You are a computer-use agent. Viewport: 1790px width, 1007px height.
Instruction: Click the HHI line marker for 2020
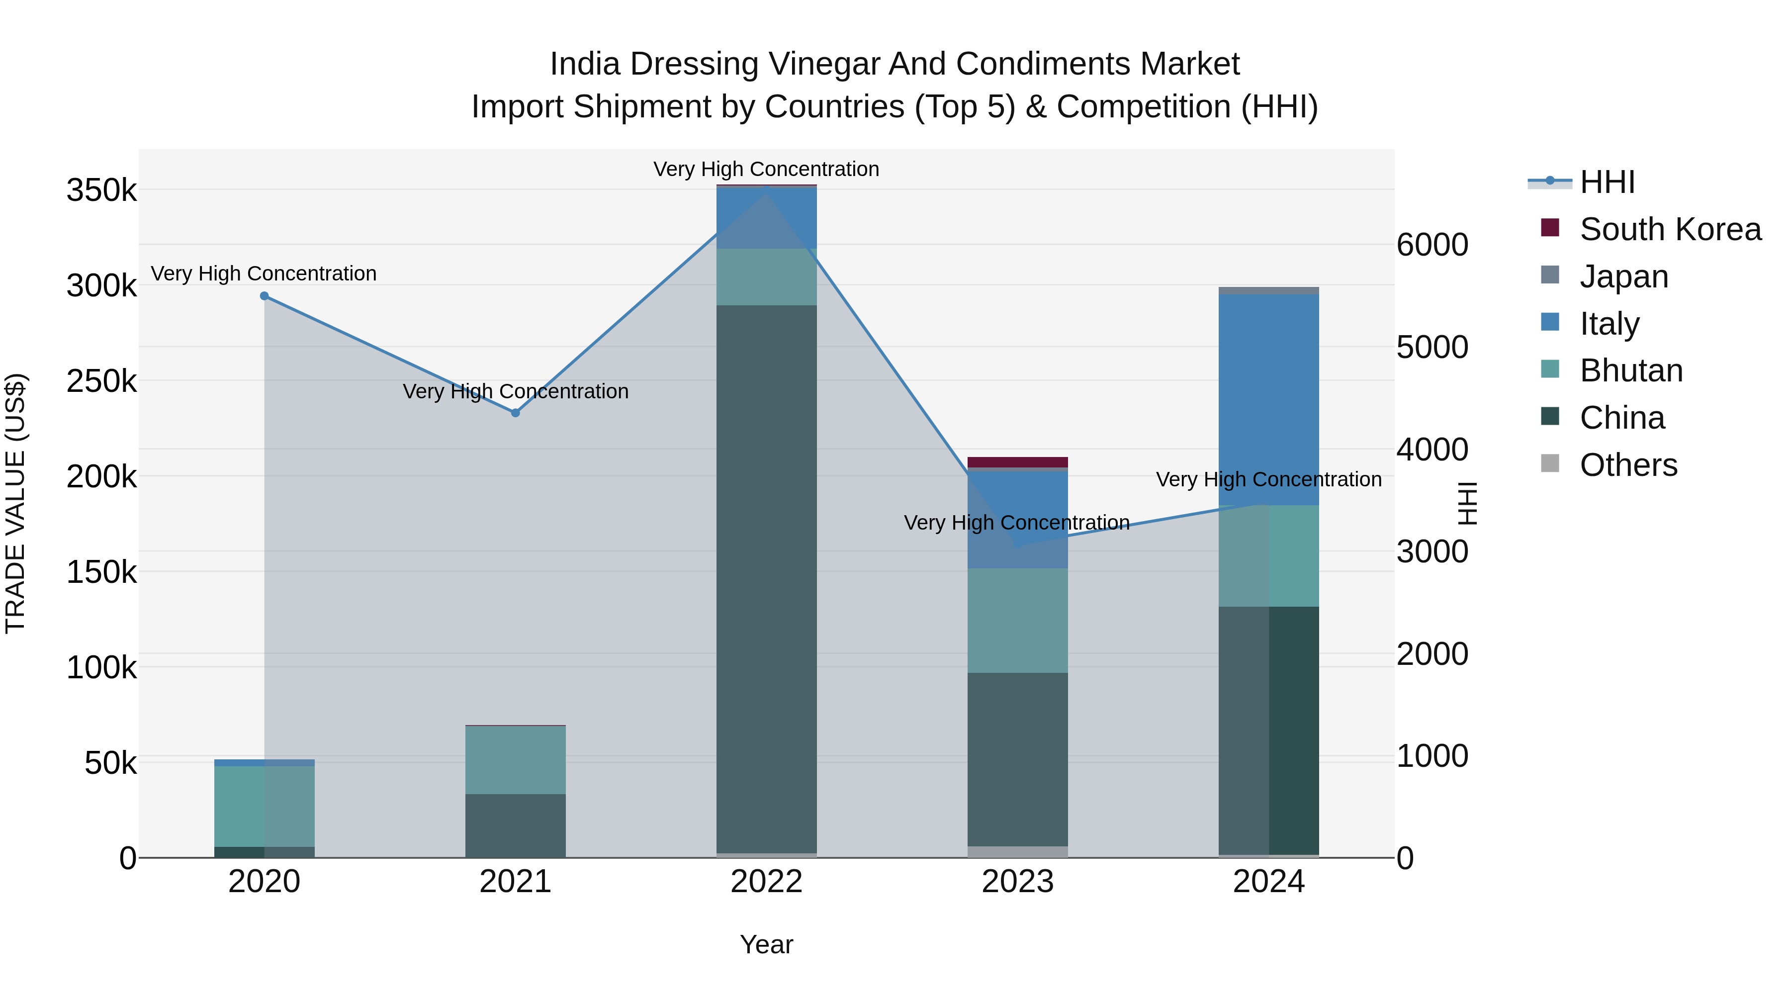click(264, 296)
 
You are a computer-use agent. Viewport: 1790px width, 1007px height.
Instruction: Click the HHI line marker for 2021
click(516, 413)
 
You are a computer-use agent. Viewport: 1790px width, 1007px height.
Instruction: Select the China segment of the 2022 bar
click(766, 577)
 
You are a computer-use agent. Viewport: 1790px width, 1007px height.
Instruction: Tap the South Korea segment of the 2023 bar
click(1017, 462)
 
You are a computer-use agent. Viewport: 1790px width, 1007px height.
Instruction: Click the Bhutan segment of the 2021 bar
click(516, 759)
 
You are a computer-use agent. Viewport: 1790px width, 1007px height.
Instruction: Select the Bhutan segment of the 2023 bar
click(1017, 620)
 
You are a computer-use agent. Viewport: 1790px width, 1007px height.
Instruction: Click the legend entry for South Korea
click(1670, 229)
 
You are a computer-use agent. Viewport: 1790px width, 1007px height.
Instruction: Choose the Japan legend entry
click(1623, 276)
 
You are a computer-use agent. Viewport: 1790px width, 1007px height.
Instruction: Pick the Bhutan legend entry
click(1630, 370)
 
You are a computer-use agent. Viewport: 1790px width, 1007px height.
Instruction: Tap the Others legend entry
click(1627, 465)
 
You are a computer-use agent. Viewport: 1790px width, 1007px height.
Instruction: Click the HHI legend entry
click(1607, 182)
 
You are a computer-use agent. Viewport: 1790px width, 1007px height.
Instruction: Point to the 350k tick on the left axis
click(101, 190)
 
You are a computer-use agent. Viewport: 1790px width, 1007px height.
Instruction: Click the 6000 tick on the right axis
click(1432, 245)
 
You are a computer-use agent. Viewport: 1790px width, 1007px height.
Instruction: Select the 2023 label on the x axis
click(1017, 882)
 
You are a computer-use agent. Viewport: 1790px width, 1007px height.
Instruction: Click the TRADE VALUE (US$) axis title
click(15, 503)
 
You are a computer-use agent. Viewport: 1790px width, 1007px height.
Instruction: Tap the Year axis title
click(766, 944)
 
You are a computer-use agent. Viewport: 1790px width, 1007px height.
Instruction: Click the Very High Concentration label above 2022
click(766, 169)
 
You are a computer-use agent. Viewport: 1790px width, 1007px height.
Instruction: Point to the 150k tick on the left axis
click(101, 573)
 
